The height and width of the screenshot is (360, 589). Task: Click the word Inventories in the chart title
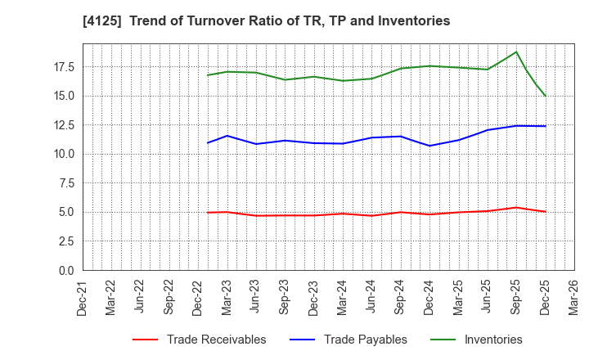[x=414, y=21]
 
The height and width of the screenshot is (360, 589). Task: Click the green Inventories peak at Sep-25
[x=516, y=52]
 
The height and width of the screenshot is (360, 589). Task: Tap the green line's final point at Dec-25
[x=545, y=96]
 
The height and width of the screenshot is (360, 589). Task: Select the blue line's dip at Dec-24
[x=429, y=146]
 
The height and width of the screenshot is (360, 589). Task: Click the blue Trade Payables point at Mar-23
[x=227, y=136]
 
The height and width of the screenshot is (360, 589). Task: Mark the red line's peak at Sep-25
[x=516, y=207]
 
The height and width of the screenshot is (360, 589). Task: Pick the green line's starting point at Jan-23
[x=208, y=75]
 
